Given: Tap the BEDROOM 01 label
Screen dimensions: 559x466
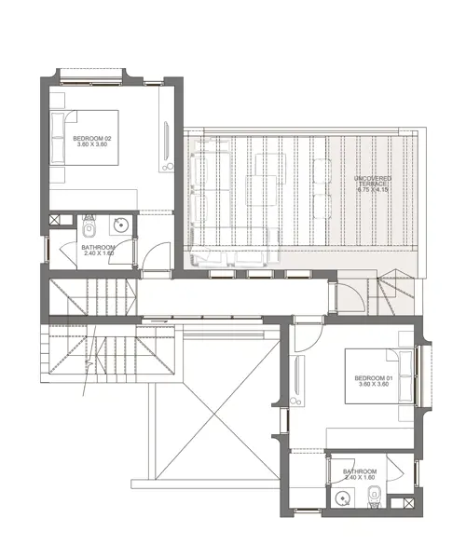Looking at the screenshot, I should [x=374, y=377].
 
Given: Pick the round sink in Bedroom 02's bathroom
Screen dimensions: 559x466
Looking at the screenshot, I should [x=119, y=225].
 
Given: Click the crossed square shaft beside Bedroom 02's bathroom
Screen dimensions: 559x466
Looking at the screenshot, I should [x=55, y=220].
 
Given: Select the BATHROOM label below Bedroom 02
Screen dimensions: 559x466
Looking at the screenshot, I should [x=98, y=247].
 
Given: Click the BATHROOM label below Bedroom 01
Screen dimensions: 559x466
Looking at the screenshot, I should [x=359, y=471].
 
